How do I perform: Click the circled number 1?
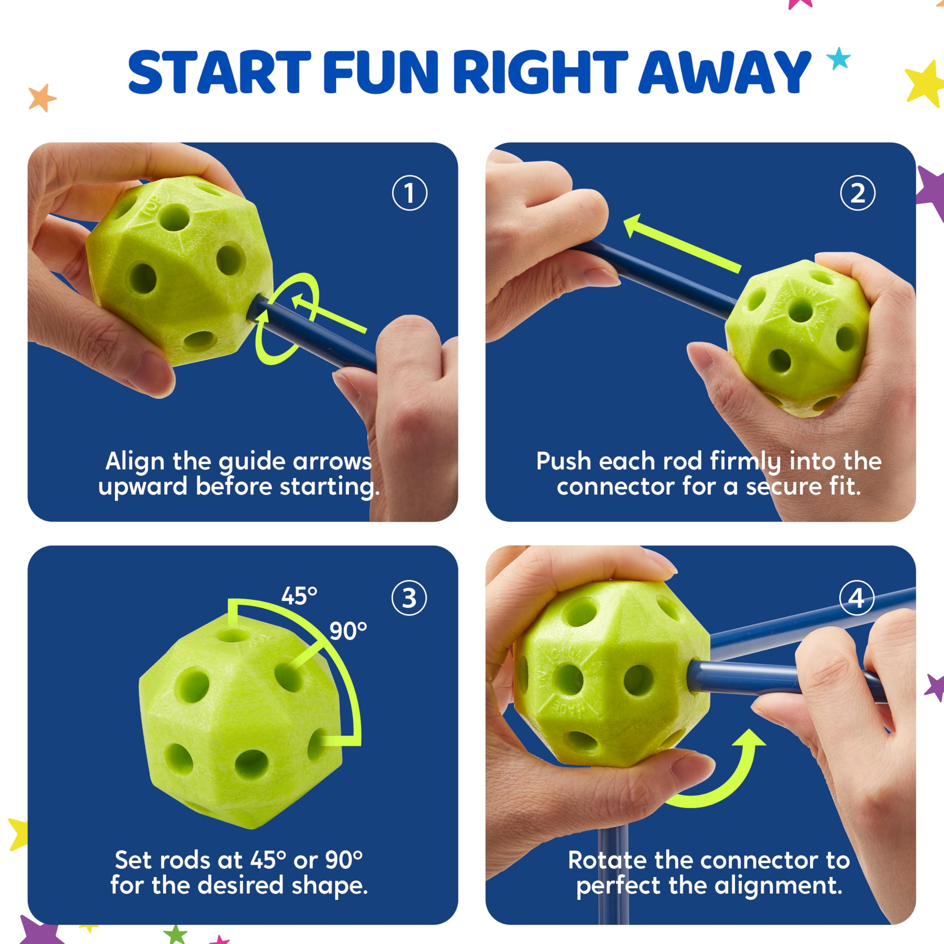[x=409, y=193]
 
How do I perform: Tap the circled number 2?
[x=857, y=193]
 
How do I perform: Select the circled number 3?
[x=409, y=598]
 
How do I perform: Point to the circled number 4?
[x=857, y=598]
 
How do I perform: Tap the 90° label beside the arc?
[x=348, y=631]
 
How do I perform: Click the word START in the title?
[x=219, y=72]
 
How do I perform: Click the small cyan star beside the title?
[x=839, y=59]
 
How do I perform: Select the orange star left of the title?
[x=42, y=97]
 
